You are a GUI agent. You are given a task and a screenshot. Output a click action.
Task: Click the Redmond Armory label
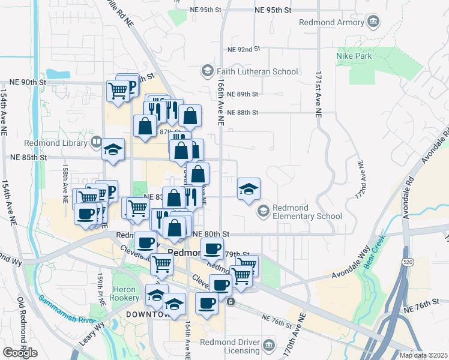pos(331,23)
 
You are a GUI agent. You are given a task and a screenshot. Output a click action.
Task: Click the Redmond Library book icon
pos(96,142)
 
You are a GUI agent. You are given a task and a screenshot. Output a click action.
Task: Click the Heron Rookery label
pos(126,293)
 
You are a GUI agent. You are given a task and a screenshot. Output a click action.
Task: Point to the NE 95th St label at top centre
pos(273,10)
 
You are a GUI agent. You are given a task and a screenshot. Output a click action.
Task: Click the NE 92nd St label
pos(244,49)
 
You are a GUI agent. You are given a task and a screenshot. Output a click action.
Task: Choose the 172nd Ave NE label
pos(361,180)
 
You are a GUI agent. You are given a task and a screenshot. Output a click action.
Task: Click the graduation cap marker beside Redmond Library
pos(112,150)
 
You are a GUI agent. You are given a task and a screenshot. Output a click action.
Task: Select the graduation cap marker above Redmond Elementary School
pos(249,190)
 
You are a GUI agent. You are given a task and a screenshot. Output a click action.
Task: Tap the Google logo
pos(20,353)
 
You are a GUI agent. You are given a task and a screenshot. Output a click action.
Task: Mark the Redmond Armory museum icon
pos(373,23)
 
